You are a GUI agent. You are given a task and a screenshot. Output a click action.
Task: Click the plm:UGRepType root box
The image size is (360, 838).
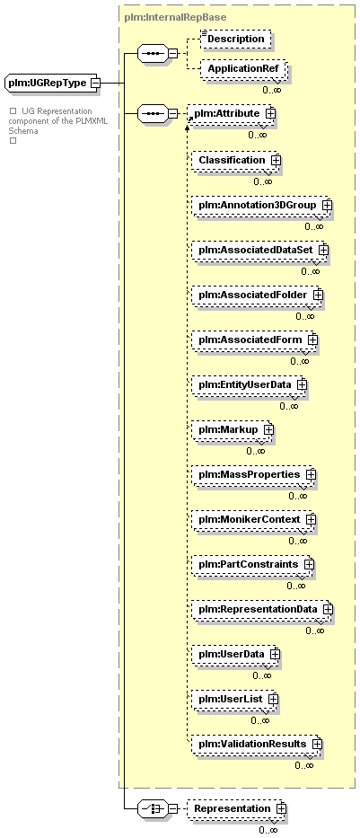(x=50, y=83)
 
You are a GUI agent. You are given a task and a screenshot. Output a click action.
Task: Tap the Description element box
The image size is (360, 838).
(x=235, y=39)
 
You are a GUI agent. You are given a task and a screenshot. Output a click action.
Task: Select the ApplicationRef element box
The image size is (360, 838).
(x=243, y=68)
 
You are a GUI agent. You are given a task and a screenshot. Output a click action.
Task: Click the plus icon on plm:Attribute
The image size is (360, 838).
(x=270, y=113)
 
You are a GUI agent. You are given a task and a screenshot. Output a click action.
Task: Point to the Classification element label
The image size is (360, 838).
(x=232, y=160)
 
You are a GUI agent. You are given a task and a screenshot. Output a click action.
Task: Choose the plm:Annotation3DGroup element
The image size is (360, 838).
(x=260, y=205)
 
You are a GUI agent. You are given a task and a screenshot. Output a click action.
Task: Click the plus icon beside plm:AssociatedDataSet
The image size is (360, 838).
(x=322, y=250)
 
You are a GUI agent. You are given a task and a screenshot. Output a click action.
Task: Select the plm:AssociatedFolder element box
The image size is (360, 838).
(x=257, y=295)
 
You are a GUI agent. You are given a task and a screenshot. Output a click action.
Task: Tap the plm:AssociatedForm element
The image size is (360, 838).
(x=254, y=340)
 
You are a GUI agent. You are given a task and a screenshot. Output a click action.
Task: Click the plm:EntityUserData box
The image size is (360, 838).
(x=249, y=384)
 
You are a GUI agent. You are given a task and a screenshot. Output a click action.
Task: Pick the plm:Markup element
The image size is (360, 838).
(x=232, y=429)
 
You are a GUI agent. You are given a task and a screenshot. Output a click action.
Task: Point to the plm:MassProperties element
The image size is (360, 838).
(x=253, y=474)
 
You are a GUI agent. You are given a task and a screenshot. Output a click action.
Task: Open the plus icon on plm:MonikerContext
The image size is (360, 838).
(x=311, y=519)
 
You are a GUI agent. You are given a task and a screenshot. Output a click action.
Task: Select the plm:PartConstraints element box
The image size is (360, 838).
(x=252, y=564)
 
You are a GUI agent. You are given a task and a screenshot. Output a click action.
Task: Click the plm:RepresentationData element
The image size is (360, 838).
(x=262, y=609)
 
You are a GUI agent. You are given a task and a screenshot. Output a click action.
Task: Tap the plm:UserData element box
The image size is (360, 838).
(x=235, y=654)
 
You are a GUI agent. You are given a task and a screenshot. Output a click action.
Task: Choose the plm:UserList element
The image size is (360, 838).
(x=234, y=699)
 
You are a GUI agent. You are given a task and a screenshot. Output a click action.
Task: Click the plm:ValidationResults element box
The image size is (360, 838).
(x=257, y=744)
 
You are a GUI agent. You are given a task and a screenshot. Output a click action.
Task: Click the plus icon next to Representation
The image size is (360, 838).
(x=281, y=808)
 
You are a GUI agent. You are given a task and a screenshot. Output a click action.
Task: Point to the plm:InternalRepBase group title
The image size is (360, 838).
(x=175, y=17)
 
